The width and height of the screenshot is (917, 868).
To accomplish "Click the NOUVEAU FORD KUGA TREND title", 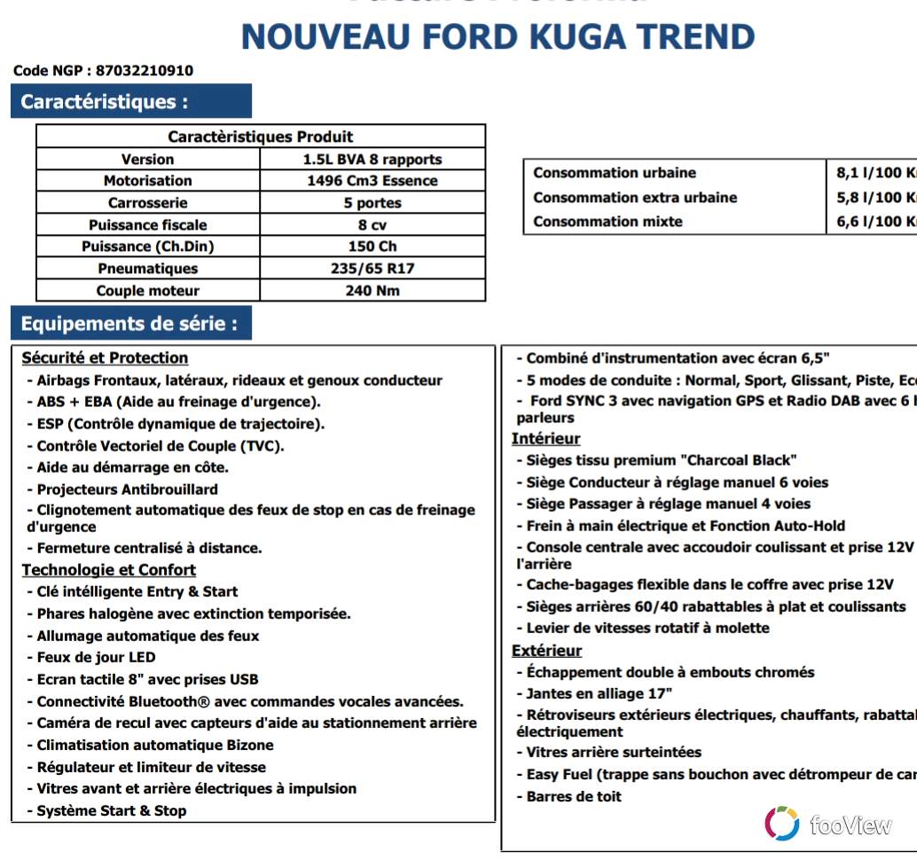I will click(x=498, y=37).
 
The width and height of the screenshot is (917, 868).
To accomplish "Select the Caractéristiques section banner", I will click(x=130, y=101).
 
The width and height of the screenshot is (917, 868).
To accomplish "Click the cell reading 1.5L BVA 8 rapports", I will click(x=372, y=160).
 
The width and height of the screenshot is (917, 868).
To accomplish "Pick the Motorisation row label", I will click(x=147, y=181).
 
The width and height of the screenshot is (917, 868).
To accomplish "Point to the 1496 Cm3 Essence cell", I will click(x=372, y=181).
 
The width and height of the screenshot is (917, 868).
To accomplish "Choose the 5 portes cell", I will click(x=372, y=203).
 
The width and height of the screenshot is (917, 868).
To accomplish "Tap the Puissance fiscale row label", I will click(x=147, y=225).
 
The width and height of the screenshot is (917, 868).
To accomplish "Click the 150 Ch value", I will click(x=372, y=246).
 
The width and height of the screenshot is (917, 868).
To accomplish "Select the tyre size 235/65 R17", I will click(x=372, y=269).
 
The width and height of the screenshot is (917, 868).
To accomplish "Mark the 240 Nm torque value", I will click(x=372, y=291).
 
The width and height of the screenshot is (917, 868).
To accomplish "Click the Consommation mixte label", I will click(x=607, y=222).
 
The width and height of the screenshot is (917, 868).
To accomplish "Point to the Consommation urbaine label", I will click(x=615, y=173).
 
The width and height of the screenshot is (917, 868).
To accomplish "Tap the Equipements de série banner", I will click(x=130, y=324).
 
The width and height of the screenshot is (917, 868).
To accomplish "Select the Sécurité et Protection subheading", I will click(x=105, y=358).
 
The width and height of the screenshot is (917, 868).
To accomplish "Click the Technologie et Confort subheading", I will click(x=108, y=570).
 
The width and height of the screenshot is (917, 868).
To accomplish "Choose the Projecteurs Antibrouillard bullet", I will click(x=127, y=489).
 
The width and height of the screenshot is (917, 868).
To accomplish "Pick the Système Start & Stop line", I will click(x=111, y=810).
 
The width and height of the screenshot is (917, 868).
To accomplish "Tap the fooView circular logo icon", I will click(x=781, y=824).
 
